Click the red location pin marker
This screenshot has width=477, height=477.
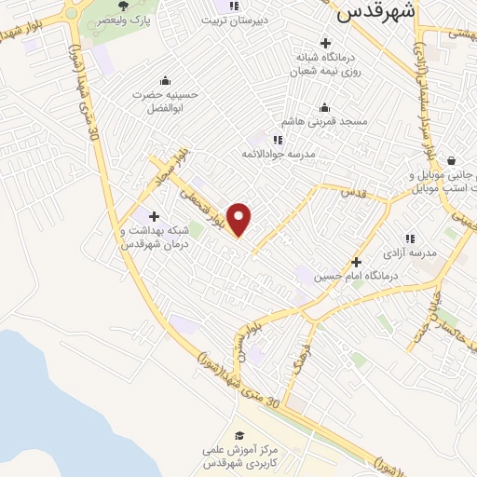pyautogui.click(x=240, y=220)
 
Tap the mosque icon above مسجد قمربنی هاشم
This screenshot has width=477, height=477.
pyautogui.click(x=324, y=106)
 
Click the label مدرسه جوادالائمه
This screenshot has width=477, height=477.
pyautogui.click(x=279, y=153)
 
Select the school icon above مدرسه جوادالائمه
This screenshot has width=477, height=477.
pyautogui.click(x=278, y=139)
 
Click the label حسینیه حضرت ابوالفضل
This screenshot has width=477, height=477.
pyautogui.click(x=168, y=102)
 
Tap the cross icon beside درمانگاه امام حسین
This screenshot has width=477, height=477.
pyautogui.click(x=355, y=263)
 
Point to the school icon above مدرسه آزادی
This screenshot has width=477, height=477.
pyautogui.click(x=410, y=238)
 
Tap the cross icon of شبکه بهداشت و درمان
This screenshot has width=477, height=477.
pyautogui.click(x=153, y=216)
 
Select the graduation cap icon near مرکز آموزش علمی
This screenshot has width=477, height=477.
pyautogui.click(x=240, y=435)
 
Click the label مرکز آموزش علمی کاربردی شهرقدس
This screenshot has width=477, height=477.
pyautogui.click(x=241, y=457)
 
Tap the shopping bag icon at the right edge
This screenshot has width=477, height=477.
pyautogui.click(x=451, y=160)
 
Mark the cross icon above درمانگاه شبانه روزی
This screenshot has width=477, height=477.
pyautogui.click(x=324, y=42)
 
